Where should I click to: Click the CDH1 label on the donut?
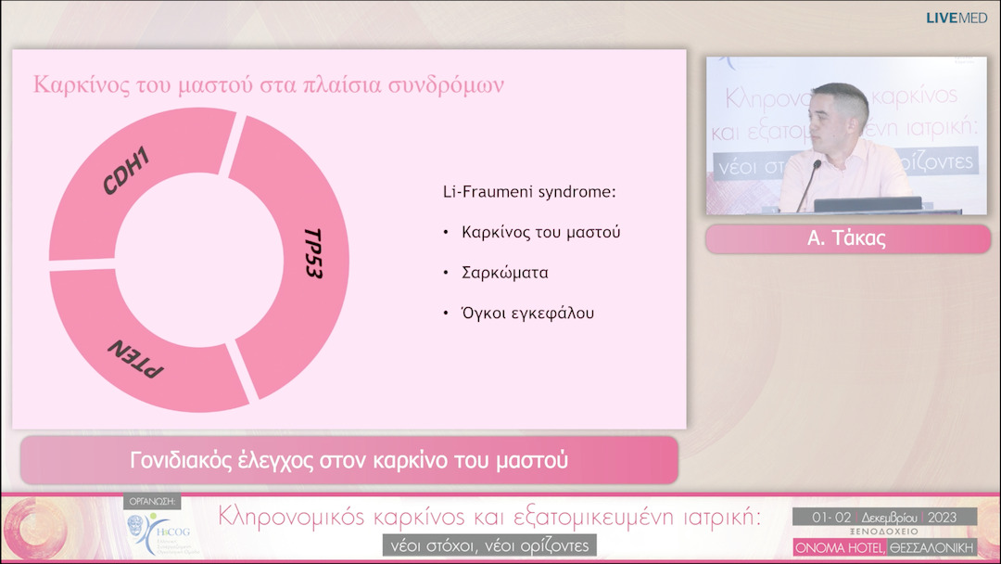(127, 171)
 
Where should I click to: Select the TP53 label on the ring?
(313, 253)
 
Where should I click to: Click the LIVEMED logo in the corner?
(957, 18)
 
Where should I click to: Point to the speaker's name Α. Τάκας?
(847, 238)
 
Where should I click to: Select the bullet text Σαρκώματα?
(505, 273)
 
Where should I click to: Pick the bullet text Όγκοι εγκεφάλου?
(527, 313)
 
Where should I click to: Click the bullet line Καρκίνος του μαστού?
(540, 232)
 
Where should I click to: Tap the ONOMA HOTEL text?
(838, 547)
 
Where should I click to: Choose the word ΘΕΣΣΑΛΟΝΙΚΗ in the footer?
(932, 547)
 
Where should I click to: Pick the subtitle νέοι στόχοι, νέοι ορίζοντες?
(488, 545)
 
